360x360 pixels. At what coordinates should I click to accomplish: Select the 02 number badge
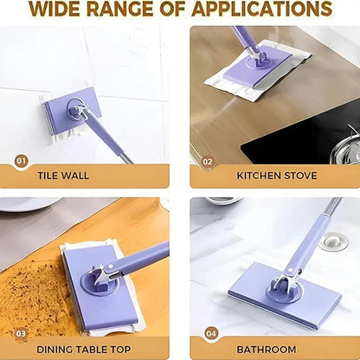[x=208, y=161]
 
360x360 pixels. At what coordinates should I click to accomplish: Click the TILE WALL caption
[x=62, y=176]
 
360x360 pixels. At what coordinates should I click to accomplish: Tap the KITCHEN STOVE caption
[x=277, y=176]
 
